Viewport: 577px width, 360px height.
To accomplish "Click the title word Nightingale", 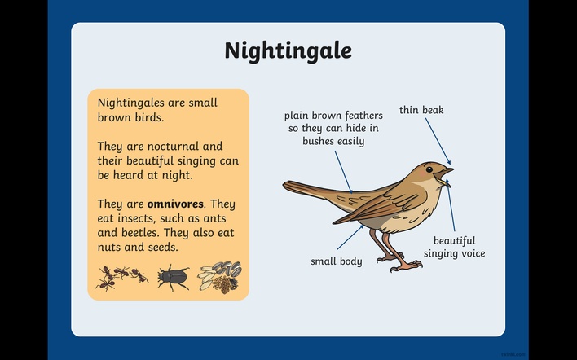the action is pyautogui.click(x=288, y=51).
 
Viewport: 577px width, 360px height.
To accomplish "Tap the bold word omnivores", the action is pyautogui.click(x=175, y=204).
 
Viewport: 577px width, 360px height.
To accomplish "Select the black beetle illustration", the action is pyautogui.click(x=173, y=277).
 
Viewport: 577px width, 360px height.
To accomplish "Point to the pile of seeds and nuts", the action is pyautogui.click(x=219, y=277).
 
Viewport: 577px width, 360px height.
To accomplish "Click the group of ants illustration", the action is pyautogui.click(x=121, y=278).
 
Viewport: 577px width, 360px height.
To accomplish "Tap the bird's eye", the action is pyautogui.click(x=429, y=169).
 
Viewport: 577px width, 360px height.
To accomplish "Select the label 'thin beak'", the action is pyautogui.click(x=421, y=110).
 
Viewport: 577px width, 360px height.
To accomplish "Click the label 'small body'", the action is pyautogui.click(x=337, y=261).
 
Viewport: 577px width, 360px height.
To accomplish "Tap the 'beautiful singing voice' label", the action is pyautogui.click(x=455, y=247).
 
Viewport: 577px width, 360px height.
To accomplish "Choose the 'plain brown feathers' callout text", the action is pyautogui.click(x=333, y=129).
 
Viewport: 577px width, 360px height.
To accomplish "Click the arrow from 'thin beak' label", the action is pyautogui.click(x=438, y=141).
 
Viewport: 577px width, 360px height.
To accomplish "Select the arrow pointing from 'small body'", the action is pyautogui.click(x=350, y=238).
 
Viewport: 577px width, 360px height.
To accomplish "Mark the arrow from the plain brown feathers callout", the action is pyautogui.click(x=343, y=172).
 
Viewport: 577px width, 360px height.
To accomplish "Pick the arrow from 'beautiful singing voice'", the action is pyautogui.click(x=451, y=205).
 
